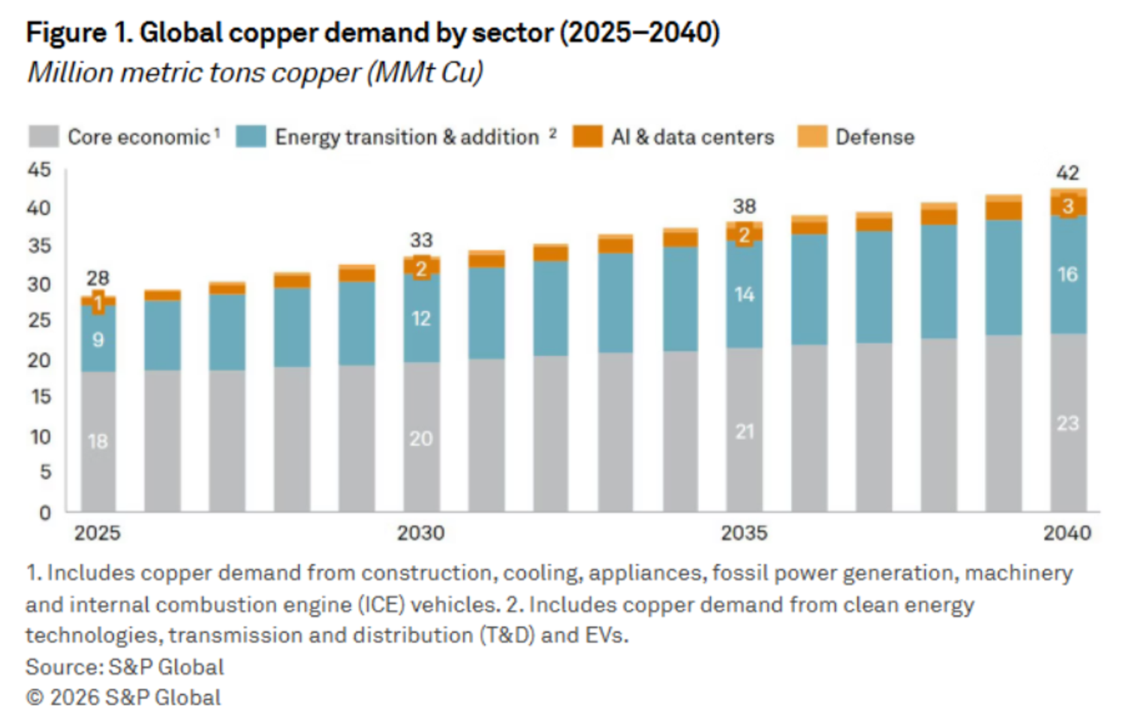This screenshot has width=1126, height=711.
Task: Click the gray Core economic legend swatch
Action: (x=44, y=136)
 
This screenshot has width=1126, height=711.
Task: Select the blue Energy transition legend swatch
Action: (x=251, y=136)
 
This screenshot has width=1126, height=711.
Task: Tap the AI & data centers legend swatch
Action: (x=587, y=136)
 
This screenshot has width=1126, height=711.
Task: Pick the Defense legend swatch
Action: (x=812, y=136)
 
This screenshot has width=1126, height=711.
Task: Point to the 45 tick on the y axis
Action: (x=39, y=170)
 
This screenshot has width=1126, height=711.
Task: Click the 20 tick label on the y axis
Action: (x=39, y=360)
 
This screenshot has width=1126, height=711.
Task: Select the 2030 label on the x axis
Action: (x=420, y=533)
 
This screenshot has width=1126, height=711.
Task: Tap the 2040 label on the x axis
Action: (x=1067, y=533)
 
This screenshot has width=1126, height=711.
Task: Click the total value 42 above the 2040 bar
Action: (x=1067, y=173)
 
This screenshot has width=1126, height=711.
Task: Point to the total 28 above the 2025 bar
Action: (x=98, y=278)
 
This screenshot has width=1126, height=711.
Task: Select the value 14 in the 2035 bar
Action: (x=744, y=294)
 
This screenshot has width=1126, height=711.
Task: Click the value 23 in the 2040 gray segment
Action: (x=1067, y=423)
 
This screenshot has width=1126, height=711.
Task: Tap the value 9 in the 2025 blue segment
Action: (x=98, y=340)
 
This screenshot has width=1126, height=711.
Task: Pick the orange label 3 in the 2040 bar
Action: (x=1068, y=206)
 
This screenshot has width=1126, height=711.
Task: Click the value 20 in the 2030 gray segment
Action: (x=420, y=439)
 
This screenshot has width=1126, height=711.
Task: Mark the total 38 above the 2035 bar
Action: (x=745, y=206)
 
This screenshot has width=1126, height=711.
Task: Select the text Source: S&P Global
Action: (x=125, y=667)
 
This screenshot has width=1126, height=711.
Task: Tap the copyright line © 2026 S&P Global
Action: (x=124, y=697)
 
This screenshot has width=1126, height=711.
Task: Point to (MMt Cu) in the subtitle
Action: (x=426, y=73)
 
